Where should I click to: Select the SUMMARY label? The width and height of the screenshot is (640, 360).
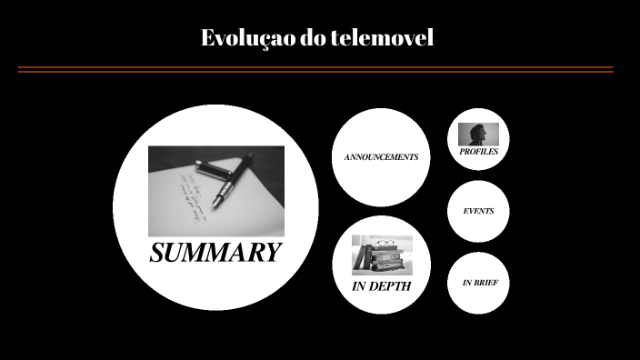[x=215, y=253]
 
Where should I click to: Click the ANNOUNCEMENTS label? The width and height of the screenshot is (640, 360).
[x=381, y=157]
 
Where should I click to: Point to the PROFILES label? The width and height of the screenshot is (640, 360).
[x=478, y=152]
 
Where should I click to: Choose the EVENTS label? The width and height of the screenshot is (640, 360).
[x=478, y=211]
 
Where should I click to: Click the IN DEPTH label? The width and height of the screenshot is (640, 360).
[x=381, y=286]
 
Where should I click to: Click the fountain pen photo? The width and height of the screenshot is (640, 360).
[x=215, y=191]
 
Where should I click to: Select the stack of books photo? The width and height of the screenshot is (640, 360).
[x=382, y=255]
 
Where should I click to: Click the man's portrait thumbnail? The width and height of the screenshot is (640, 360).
[x=478, y=135]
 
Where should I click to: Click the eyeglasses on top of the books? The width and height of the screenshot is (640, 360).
[x=384, y=243]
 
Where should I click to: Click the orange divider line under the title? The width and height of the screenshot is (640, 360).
[x=315, y=69]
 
